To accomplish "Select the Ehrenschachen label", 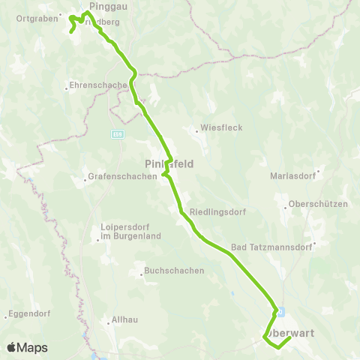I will coord(97,85).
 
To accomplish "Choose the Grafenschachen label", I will coord(123,177).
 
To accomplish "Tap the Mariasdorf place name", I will coord(292,177).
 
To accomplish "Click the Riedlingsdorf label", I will coord(218,211).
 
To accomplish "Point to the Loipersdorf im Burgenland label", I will coord(132,232).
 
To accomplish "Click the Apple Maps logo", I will coord(27,347).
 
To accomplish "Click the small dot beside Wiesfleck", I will coord(199,130).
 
